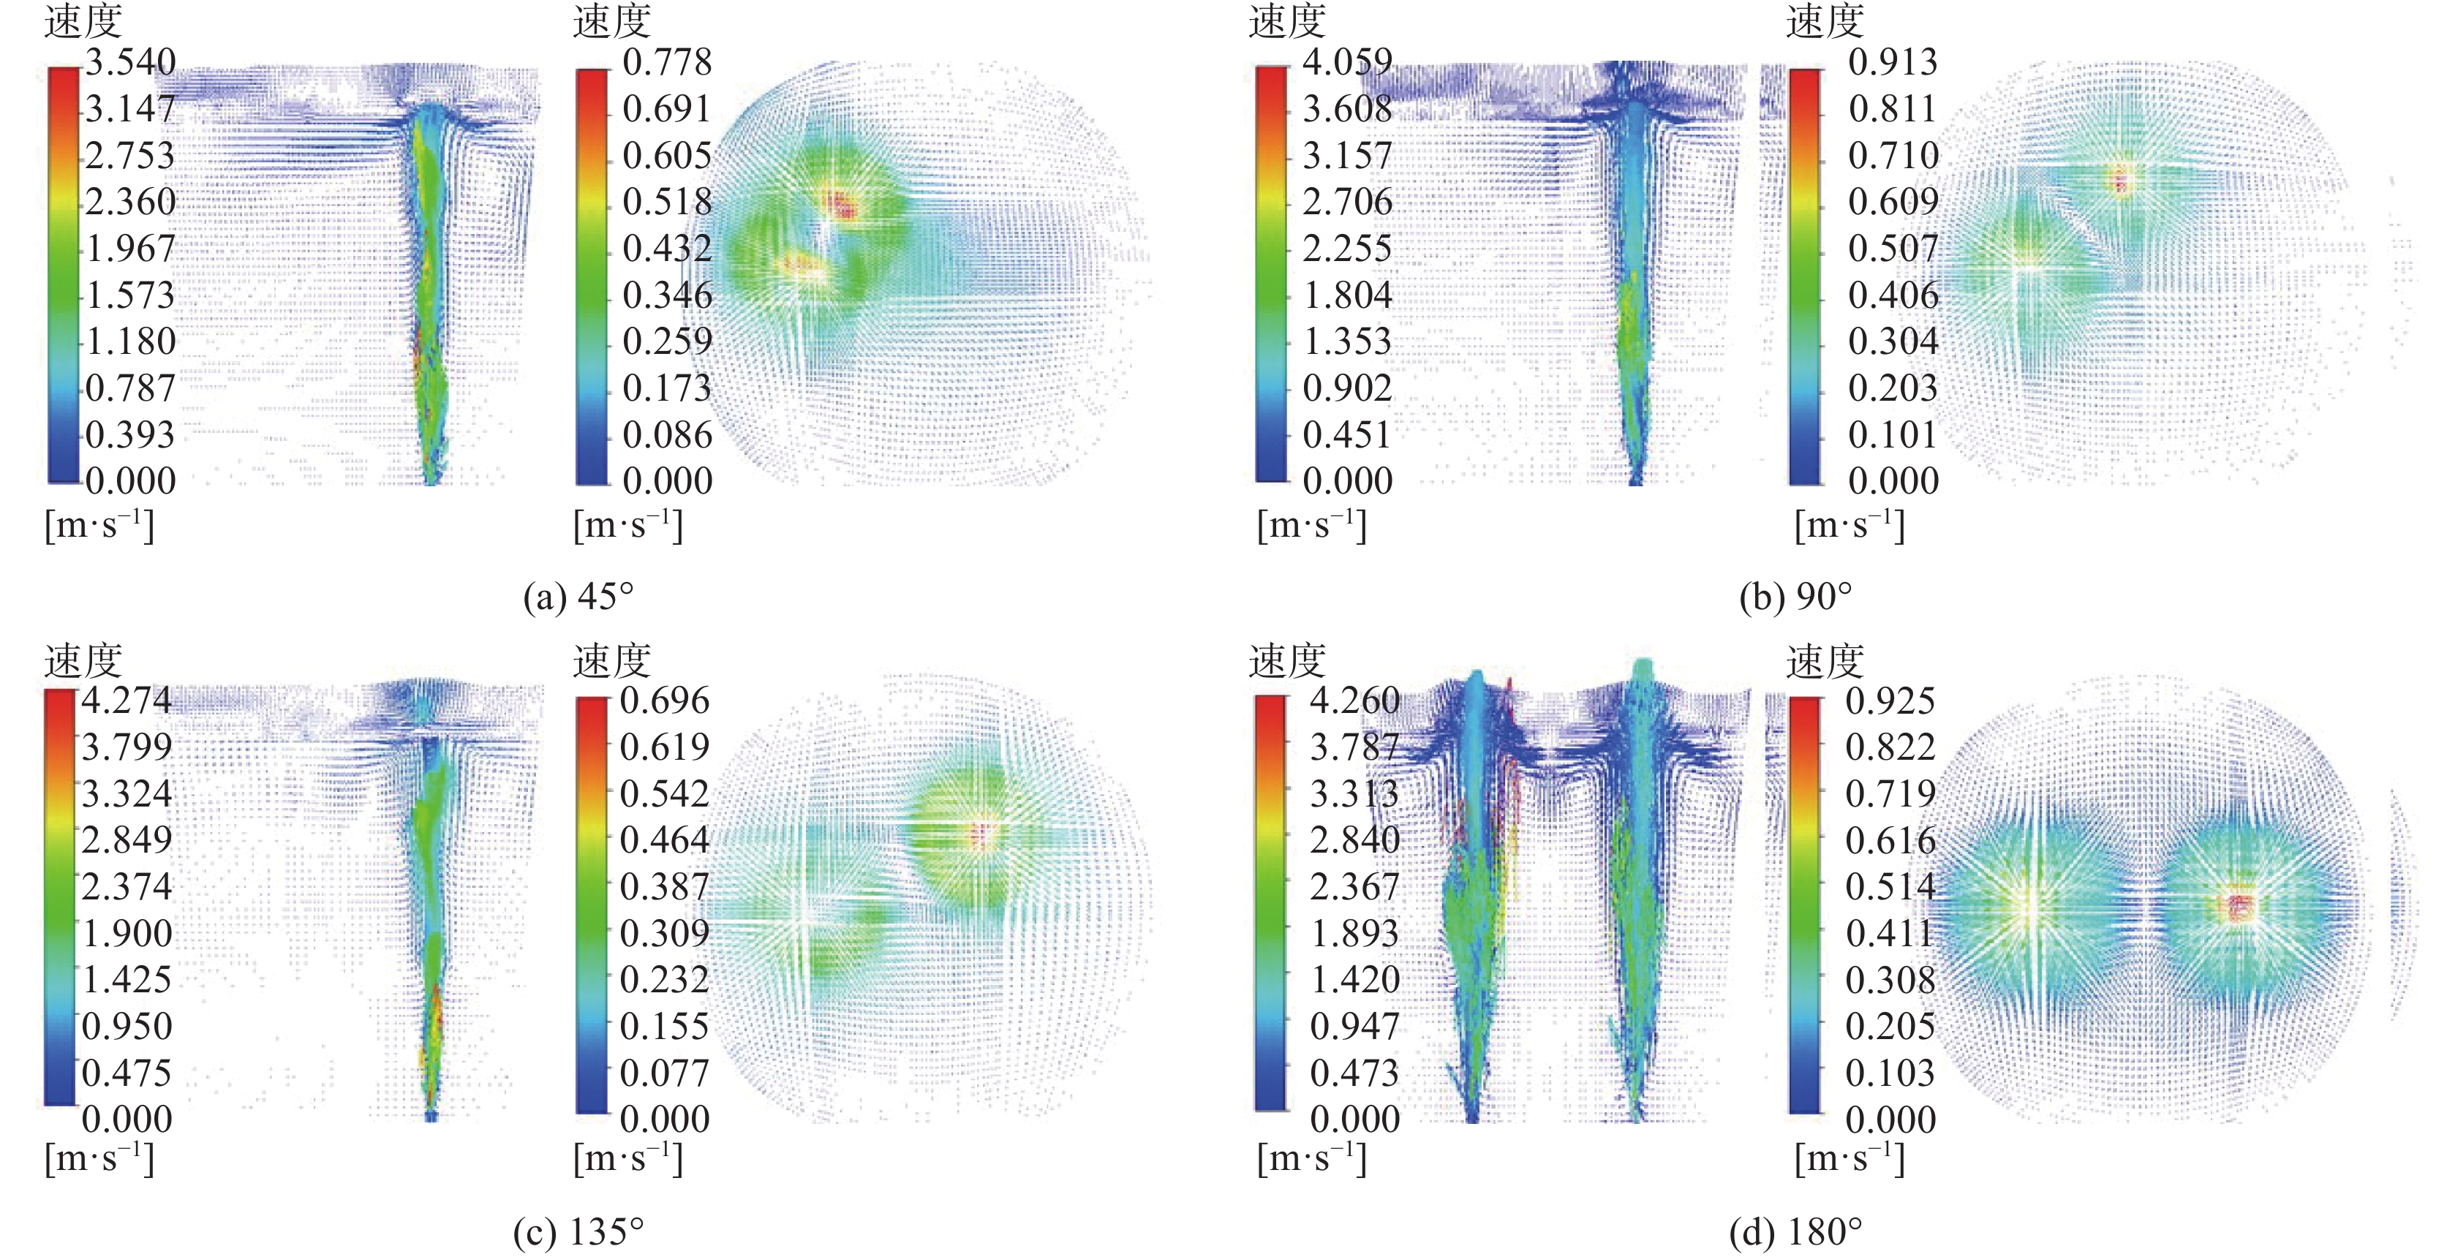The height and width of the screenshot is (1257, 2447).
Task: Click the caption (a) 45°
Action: [x=578, y=597]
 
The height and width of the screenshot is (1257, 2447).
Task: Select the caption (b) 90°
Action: [x=1795, y=597]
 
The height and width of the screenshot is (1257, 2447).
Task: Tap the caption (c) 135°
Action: [x=578, y=1232]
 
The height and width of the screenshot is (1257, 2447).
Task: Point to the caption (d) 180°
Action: [x=1795, y=1232]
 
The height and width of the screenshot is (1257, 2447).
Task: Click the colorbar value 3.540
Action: [x=131, y=63]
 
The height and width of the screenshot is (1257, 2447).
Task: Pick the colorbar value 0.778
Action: [x=667, y=63]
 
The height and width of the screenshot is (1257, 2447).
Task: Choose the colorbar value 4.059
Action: [x=1347, y=63]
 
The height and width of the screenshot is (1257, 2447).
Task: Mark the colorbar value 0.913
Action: [x=1892, y=63]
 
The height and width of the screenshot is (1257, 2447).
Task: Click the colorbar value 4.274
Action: [x=127, y=701]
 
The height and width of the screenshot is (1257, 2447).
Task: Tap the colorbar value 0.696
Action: [x=665, y=701]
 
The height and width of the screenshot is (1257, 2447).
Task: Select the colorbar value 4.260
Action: [x=1354, y=701]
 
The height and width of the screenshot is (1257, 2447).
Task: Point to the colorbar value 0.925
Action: [x=1890, y=701]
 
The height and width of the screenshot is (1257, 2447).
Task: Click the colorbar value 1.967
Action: [x=131, y=249]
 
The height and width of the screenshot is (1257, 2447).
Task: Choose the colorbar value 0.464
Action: [x=665, y=840]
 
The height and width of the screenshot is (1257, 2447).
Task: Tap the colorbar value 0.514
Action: [x=1890, y=886]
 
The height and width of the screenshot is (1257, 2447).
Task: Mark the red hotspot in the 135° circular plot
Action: [x=982, y=834]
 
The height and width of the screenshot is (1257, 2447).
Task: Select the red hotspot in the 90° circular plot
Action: [x=2120, y=178]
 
